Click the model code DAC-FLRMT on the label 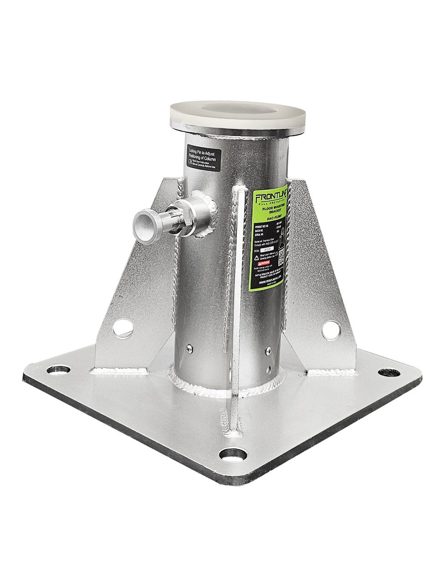(x=271, y=219)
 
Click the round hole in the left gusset (x=123, y=328)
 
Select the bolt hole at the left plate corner (x=58, y=369)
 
